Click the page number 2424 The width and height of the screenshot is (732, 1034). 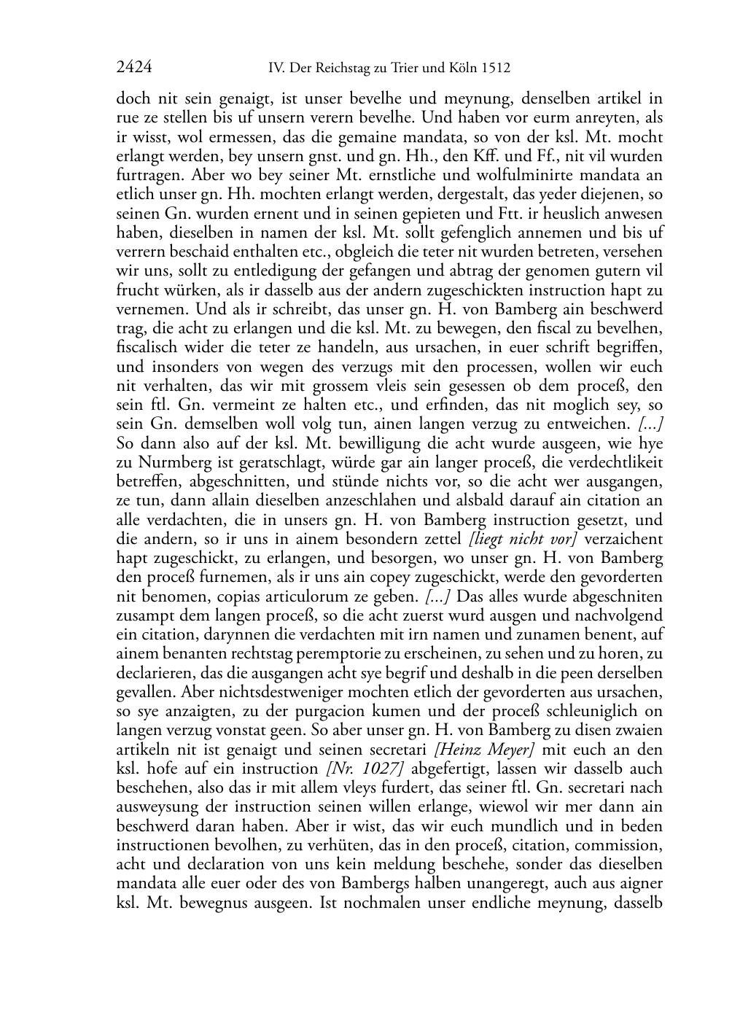click(134, 68)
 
